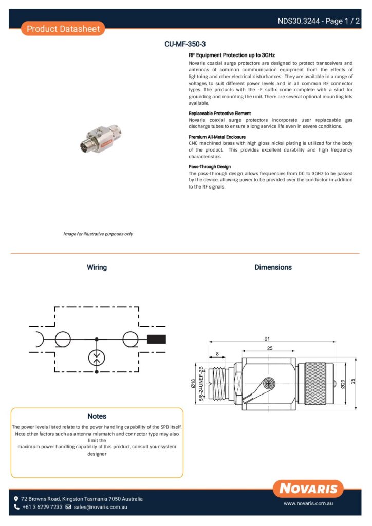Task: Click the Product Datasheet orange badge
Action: click(x=63, y=29)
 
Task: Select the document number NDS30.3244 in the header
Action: click(x=299, y=21)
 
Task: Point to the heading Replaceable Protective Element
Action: click(x=219, y=113)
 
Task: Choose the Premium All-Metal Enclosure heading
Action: click(x=216, y=137)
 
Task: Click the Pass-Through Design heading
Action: click(x=210, y=167)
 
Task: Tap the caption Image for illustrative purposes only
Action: click(x=98, y=234)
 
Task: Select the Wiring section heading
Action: click(x=97, y=267)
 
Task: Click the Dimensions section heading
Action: click(x=273, y=267)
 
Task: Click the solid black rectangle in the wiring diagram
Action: click(x=156, y=339)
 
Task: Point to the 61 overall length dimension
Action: click(x=267, y=339)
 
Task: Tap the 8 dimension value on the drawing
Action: click(x=217, y=354)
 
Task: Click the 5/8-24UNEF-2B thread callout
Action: click(x=201, y=384)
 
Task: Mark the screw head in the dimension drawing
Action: click(x=267, y=383)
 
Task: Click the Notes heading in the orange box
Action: click(x=97, y=416)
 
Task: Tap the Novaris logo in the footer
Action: click(x=308, y=489)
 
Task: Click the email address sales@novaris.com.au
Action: click(x=100, y=507)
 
